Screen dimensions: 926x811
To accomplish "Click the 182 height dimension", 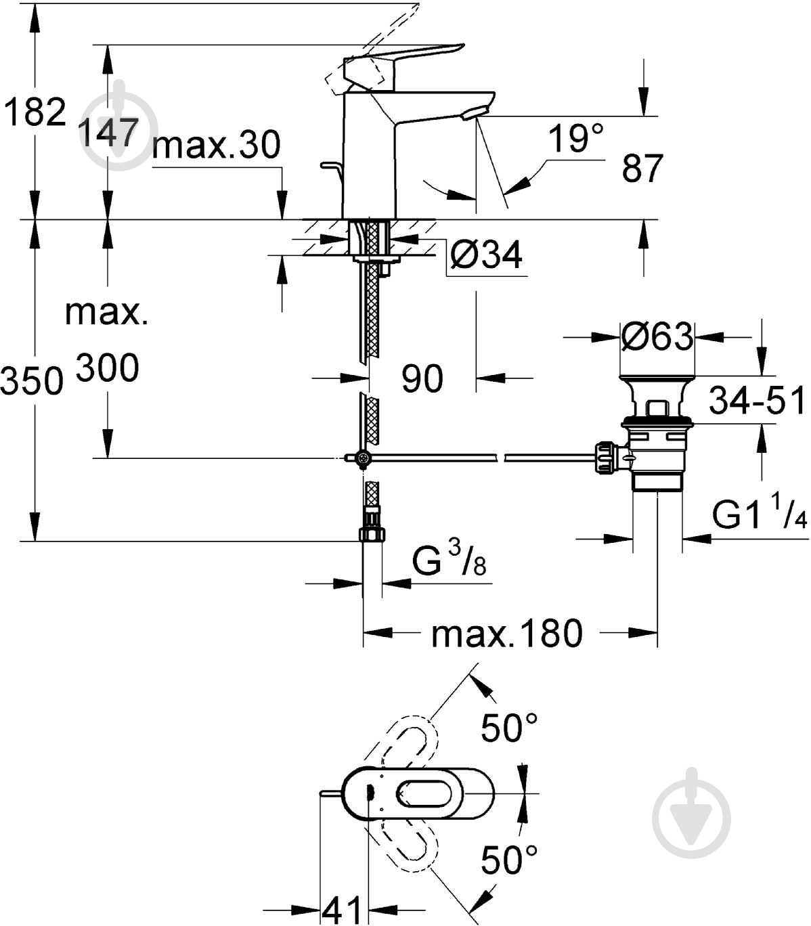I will click(35, 112).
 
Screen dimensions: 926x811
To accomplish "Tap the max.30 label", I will click(216, 145).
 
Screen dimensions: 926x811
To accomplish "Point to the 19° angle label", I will click(575, 139).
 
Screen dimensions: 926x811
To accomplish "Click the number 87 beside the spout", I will click(642, 169).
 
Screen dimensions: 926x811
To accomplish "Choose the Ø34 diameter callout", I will click(486, 255).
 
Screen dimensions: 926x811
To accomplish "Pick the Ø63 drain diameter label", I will click(657, 336).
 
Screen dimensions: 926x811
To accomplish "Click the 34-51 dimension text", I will click(758, 401).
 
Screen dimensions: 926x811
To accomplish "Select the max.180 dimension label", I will click(506, 634).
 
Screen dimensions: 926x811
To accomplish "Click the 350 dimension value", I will click(31, 381).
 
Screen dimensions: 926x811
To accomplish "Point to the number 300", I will click(108, 368).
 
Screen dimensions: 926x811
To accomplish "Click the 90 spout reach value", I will click(422, 378).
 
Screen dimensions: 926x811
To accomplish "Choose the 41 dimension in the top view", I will click(343, 910).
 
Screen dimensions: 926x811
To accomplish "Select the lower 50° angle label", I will click(509, 860).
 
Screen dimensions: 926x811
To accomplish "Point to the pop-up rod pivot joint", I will click(364, 459).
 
